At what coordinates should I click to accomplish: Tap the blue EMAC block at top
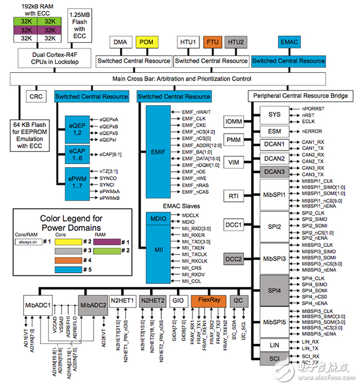289,42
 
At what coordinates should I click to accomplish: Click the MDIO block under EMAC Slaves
153,219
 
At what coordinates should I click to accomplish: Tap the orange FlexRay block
209,301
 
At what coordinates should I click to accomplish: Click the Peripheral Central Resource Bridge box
301,96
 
